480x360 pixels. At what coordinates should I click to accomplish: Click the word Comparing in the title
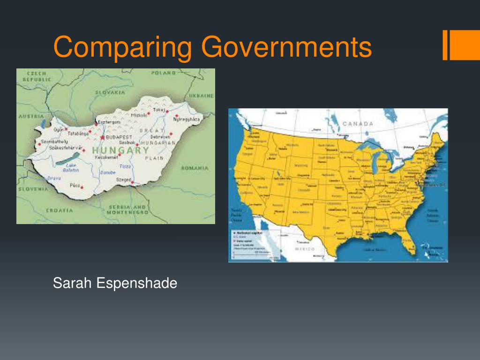click(123, 48)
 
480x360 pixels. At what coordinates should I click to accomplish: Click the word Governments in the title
click(286, 48)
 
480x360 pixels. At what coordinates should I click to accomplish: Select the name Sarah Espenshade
click(115, 283)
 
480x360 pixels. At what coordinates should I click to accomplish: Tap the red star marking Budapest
click(102, 137)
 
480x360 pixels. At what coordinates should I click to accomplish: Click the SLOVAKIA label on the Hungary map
click(110, 92)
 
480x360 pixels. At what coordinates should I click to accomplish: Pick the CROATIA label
click(60, 210)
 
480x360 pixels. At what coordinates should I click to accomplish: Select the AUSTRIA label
click(31, 116)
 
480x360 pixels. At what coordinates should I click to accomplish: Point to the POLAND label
click(164, 73)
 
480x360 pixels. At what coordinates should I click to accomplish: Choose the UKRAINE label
click(202, 96)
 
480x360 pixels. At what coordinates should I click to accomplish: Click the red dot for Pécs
click(82, 187)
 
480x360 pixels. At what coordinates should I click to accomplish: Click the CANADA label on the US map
click(358, 124)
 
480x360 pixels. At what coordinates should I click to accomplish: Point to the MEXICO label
click(305, 249)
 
